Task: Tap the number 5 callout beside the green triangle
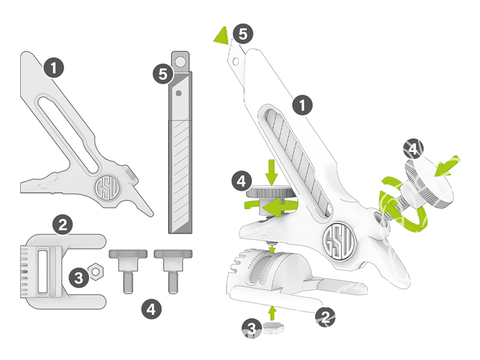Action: (242, 34)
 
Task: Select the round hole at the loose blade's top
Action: (180, 62)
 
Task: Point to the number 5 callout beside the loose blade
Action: (163, 75)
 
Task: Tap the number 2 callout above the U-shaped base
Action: (63, 224)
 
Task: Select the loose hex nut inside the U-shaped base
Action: (95, 272)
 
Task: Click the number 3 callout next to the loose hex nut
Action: (78, 276)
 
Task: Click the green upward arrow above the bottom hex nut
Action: (273, 313)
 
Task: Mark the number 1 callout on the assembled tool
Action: (302, 105)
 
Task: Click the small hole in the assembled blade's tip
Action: (236, 61)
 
